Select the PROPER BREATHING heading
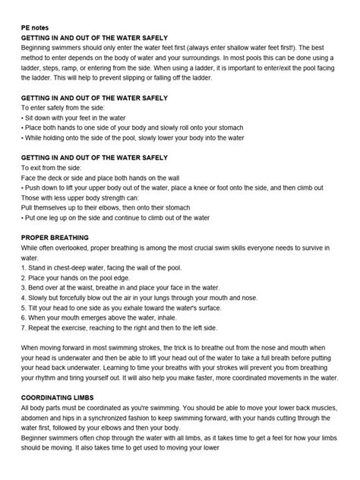[56, 237]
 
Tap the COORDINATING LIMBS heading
[62, 396]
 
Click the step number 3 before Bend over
[23, 286]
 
